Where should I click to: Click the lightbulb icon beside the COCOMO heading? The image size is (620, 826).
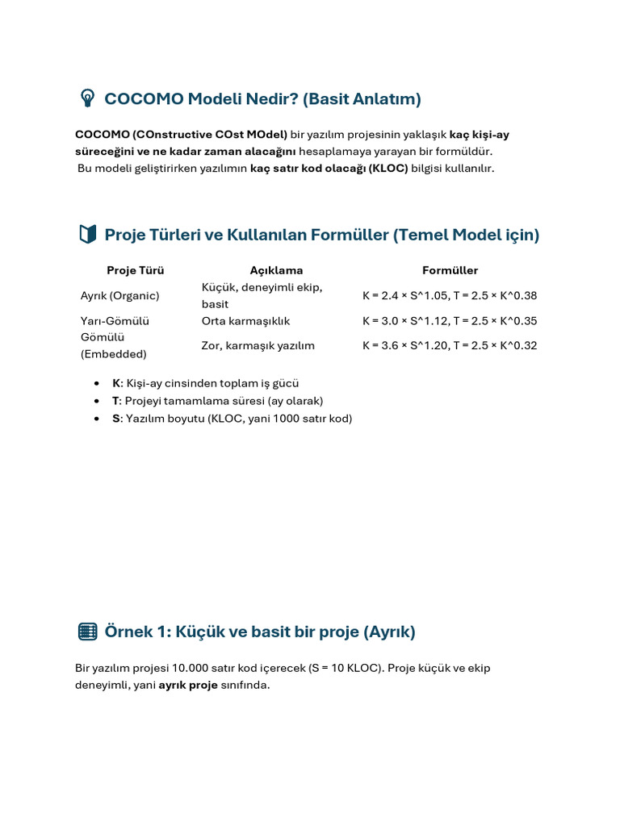pyautogui.click(x=86, y=98)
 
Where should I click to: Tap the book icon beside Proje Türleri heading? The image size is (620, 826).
pyautogui.click(x=87, y=235)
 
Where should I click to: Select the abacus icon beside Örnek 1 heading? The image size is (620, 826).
pyautogui.click(x=87, y=632)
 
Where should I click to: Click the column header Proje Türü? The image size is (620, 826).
pyautogui.click(x=135, y=270)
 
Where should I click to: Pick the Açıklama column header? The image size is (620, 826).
pyautogui.click(x=276, y=270)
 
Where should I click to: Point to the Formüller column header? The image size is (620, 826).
pyautogui.click(x=450, y=270)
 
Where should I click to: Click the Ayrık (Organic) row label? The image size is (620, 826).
pyautogui.click(x=120, y=295)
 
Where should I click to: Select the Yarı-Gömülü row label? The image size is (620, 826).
pyautogui.click(x=115, y=320)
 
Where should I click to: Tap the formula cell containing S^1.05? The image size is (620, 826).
pyautogui.click(x=450, y=295)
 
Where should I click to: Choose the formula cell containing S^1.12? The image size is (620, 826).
pyautogui.click(x=450, y=320)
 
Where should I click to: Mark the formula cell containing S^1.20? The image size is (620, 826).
pyautogui.click(x=450, y=345)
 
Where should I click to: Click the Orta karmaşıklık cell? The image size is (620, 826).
pyautogui.click(x=245, y=320)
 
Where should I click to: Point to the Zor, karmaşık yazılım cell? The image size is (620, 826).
pyautogui.click(x=258, y=345)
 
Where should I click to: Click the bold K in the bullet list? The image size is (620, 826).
pyautogui.click(x=116, y=383)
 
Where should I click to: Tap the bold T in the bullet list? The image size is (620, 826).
pyautogui.click(x=115, y=401)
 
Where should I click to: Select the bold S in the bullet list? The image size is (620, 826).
pyautogui.click(x=115, y=419)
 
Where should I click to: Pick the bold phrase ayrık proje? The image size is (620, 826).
pyautogui.click(x=188, y=685)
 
